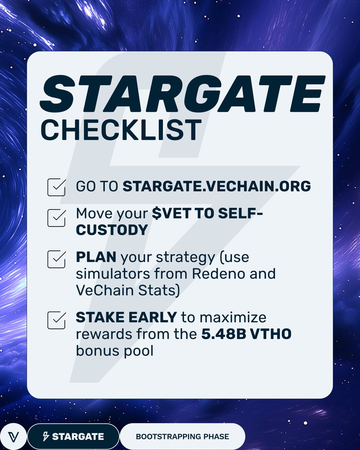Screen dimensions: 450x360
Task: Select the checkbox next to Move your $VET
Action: pos(57,218)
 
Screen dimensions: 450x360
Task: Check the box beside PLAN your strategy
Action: pos(57,259)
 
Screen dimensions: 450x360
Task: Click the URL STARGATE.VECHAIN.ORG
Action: pos(216,186)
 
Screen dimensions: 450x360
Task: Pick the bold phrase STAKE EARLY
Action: pos(126,317)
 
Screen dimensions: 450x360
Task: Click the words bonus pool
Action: pos(114,351)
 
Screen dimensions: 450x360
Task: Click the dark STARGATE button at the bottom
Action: pos(73,436)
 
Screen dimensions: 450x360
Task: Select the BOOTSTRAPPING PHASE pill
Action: pos(182,436)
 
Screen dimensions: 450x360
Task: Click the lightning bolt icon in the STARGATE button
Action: pos(46,436)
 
